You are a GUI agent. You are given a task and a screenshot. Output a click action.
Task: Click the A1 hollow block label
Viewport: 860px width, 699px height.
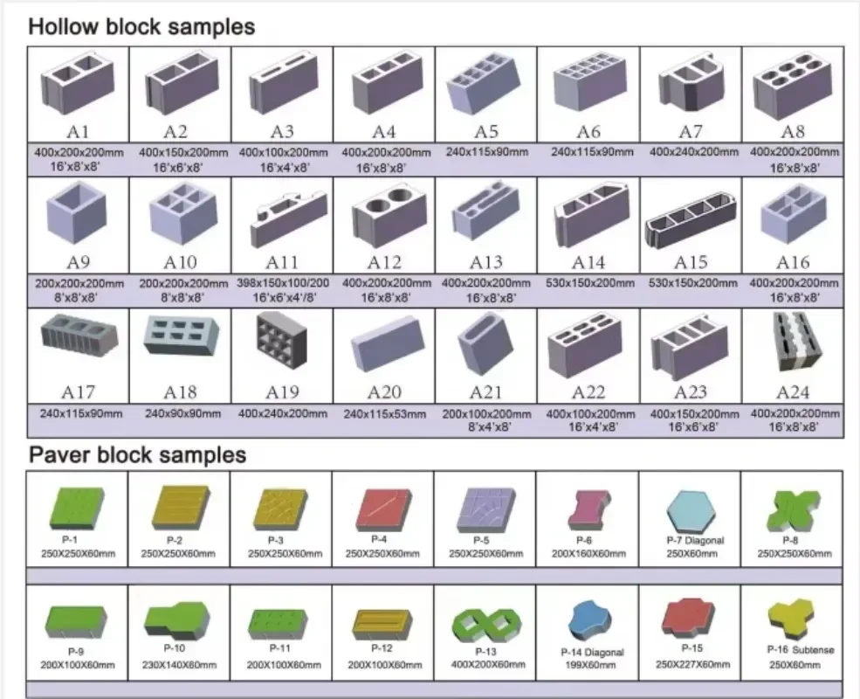[78, 132]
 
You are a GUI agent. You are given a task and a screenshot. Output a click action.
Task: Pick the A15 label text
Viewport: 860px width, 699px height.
[691, 262]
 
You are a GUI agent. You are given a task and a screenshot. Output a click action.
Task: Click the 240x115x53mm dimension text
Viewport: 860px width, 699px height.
[384, 413]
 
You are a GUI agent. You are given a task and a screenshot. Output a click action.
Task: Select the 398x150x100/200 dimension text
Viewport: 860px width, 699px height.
[281, 284]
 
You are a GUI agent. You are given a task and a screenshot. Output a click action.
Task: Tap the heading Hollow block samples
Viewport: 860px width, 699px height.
[141, 27]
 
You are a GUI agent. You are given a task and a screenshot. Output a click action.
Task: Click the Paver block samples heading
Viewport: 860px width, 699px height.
[137, 455]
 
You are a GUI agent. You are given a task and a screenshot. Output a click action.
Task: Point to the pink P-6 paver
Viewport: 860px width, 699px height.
[588, 511]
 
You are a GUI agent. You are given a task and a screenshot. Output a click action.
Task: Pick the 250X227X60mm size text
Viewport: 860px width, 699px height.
[691, 664]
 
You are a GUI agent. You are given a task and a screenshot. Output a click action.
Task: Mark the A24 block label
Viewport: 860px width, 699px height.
[793, 392]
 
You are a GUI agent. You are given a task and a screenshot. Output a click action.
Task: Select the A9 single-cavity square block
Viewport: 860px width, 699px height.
[78, 214]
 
